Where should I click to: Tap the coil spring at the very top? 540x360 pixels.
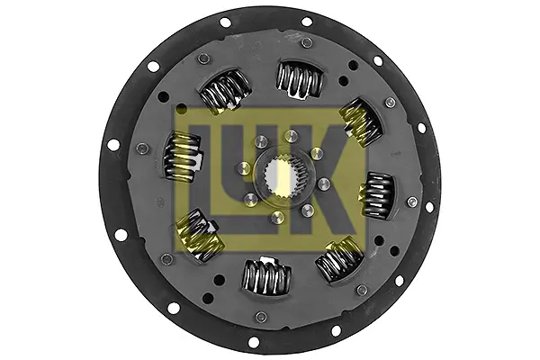tap(300, 80)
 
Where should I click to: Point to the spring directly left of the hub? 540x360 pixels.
tap(182, 156)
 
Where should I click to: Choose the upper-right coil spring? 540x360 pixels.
tap(361, 122)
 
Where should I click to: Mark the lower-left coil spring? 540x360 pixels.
tap(199, 235)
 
